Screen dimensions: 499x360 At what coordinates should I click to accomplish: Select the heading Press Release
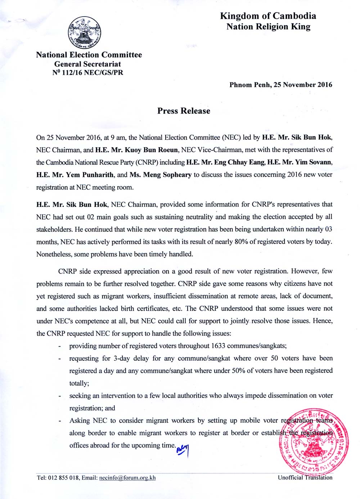[x=184, y=111]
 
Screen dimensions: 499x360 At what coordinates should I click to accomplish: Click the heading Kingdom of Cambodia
[x=268, y=16]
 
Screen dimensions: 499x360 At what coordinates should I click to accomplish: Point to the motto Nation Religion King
[x=268, y=27]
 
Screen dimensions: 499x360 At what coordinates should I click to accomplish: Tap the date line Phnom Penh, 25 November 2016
[x=281, y=85]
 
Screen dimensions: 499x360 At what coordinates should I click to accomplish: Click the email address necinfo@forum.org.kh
[x=127, y=478]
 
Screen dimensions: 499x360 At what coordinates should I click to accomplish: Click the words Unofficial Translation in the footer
[x=305, y=477]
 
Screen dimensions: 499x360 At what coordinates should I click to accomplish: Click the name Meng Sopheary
[x=167, y=175]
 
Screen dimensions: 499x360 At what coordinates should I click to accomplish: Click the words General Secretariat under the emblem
[x=87, y=64]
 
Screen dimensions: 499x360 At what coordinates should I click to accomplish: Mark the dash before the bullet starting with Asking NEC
[x=59, y=421]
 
